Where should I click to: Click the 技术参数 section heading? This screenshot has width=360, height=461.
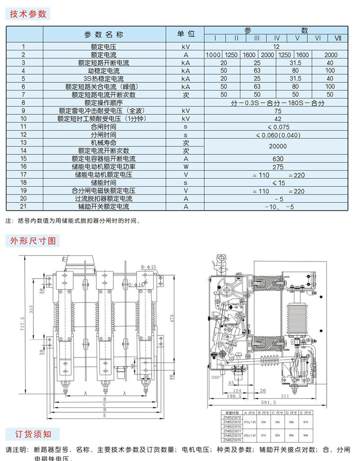click(x=28, y=14)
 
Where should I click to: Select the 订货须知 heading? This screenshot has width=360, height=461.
click(x=28, y=434)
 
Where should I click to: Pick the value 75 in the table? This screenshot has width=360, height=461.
click(x=277, y=111)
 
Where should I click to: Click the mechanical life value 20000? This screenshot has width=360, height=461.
click(x=277, y=146)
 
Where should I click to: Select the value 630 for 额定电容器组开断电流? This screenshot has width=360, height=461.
click(x=277, y=159)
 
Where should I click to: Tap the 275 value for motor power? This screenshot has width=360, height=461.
click(x=277, y=167)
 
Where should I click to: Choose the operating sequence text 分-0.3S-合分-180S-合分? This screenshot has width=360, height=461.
click(x=277, y=103)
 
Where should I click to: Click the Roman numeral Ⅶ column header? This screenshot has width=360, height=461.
click(x=338, y=38)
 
